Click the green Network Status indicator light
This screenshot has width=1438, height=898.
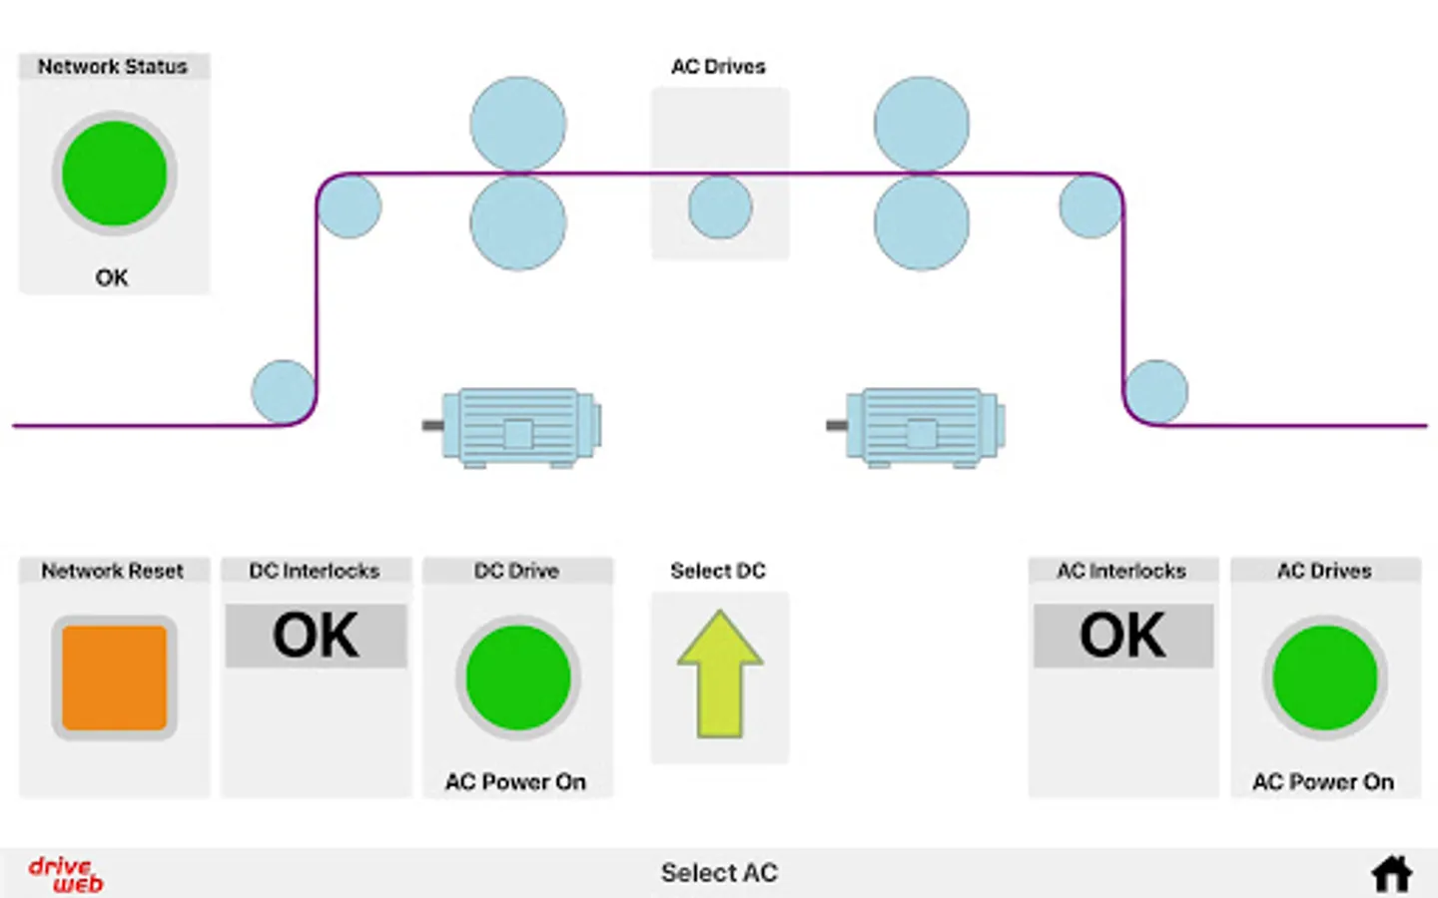click(x=114, y=174)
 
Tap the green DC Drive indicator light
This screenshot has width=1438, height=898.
click(x=517, y=678)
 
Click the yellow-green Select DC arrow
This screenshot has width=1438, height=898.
click(x=719, y=674)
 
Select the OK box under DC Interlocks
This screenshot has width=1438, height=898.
click(x=316, y=636)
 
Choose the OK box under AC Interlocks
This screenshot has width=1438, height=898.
click(x=1122, y=636)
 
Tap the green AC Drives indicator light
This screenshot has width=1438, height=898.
click(x=1324, y=678)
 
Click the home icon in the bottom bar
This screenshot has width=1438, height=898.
click(x=1391, y=873)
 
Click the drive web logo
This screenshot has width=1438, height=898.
click(x=66, y=874)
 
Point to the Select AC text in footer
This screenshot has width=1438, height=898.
click(x=719, y=873)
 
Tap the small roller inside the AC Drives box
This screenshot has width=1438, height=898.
click(x=720, y=207)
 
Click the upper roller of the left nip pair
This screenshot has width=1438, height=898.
click(x=518, y=124)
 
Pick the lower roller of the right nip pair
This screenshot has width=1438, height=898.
click(x=922, y=224)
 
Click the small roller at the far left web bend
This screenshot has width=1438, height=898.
click(x=284, y=392)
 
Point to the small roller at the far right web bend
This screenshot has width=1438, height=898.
click(x=1156, y=392)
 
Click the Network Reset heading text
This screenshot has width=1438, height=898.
click(x=113, y=571)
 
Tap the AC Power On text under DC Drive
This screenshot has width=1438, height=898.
click(x=515, y=782)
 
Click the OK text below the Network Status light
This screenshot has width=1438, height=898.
click(x=112, y=277)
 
